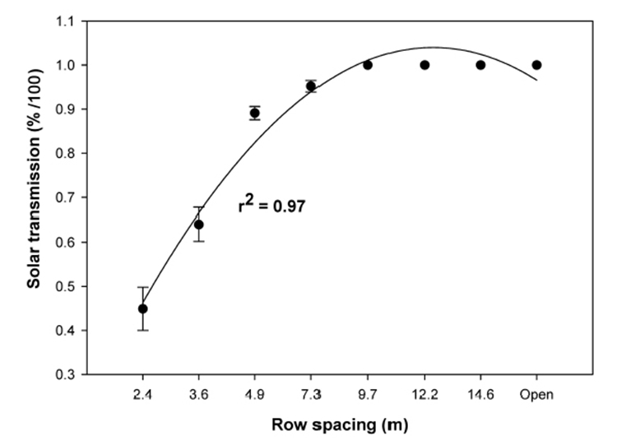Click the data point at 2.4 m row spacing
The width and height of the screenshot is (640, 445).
tap(142, 308)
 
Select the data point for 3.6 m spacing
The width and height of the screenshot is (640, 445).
tap(198, 225)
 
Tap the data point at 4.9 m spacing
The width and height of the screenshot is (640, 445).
tap(255, 114)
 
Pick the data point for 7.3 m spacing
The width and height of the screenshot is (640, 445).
tap(311, 86)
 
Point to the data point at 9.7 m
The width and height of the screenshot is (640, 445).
tap(368, 65)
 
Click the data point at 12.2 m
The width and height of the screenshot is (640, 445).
tap(424, 65)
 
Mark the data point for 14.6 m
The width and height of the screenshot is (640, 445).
tap(480, 65)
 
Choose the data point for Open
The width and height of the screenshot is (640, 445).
tap(537, 65)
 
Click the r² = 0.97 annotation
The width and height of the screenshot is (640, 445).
tap(271, 206)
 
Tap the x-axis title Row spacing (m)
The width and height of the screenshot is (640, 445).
tap(340, 425)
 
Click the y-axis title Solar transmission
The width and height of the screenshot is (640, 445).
tap(34, 198)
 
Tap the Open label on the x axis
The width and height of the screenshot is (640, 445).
tap(537, 395)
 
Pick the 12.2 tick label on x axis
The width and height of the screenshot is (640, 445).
tap(424, 395)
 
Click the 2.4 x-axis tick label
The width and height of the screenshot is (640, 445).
tap(142, 395)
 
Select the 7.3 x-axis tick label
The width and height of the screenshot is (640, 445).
tap(311, 395)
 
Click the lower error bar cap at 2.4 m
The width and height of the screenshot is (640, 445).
tap(142, 330)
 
